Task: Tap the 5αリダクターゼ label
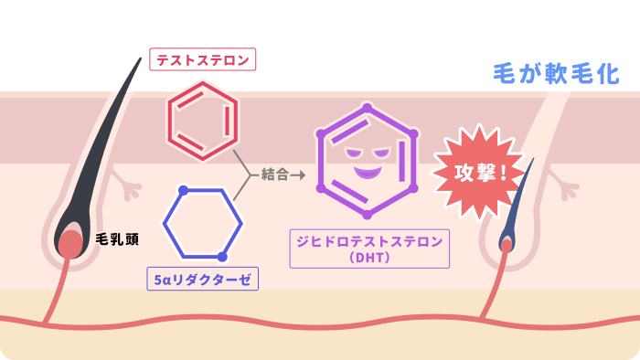coord(202,279)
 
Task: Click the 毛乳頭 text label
coord(117,238)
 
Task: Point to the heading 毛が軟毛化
coord(556,74)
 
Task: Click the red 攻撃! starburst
coord(478,173)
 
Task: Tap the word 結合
coord(274,175)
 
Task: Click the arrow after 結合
coord(297,175)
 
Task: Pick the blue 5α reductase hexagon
coord(164,224)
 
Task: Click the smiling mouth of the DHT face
coord(368,173)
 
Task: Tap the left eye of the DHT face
coord(353,154)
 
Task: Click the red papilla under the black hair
coord(70,244)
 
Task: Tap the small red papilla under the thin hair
coord(507,246)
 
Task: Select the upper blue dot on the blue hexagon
coord(183,190)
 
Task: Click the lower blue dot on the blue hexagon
coord(222,257)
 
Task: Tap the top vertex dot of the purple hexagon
coord(367,108)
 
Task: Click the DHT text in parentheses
coord(369,258)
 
